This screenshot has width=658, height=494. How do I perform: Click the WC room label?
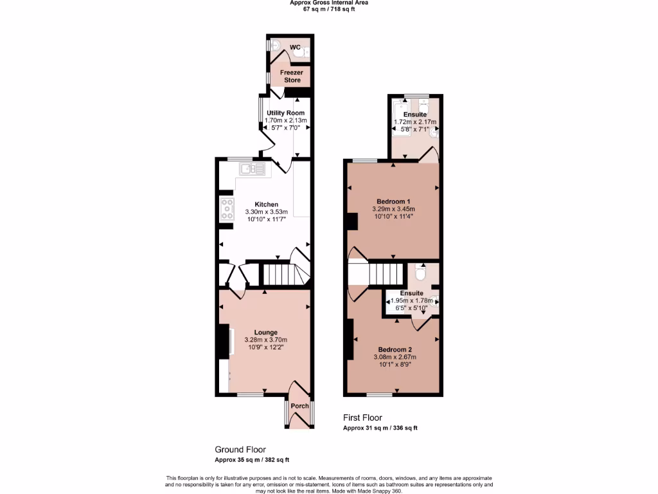tap(295, 48)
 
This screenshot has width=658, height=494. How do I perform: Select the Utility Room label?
tap(286, 113)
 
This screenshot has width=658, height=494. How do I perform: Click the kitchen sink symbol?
tap(253, 169)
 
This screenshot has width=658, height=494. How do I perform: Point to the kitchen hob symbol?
tap(227, 208)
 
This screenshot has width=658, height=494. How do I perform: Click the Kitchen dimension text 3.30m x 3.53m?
tap(267, 212)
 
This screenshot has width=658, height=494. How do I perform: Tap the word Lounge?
tap(265, 333)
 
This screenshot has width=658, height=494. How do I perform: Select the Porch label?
tap(299, 406)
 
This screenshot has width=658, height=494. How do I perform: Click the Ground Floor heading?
tap(240, 450)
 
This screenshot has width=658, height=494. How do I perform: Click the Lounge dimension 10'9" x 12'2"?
tap(265, 347)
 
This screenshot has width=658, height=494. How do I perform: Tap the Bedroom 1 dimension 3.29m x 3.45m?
tap(393, 209)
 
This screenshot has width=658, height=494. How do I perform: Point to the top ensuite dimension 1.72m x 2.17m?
tap(414, 122)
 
